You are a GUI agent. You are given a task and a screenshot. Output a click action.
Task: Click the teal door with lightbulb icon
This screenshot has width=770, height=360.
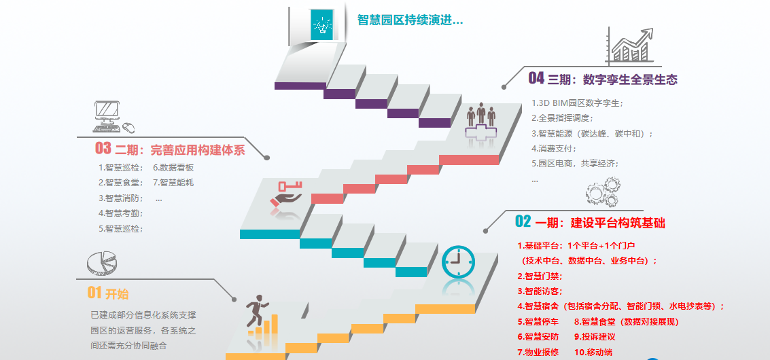[x=321, y=24]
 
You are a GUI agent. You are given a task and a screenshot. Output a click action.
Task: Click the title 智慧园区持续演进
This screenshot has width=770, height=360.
[x=410, y=20]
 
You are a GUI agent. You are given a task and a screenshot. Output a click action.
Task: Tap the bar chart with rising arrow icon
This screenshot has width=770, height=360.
[x=630, y=46]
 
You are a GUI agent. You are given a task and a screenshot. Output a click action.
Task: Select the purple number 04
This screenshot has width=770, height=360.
[x=536, y=78]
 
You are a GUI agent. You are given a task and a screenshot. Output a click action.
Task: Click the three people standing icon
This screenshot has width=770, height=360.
[x=480, y=116]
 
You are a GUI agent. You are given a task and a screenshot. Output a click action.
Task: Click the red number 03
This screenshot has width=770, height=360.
[x=103, y=148]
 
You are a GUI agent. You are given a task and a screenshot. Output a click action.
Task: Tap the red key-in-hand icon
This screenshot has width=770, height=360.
[x=286, y=194]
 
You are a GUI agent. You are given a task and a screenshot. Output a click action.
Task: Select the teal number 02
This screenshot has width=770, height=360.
[x=523, y=222]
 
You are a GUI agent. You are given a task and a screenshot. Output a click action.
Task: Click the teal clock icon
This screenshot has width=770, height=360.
[x=458, y=262]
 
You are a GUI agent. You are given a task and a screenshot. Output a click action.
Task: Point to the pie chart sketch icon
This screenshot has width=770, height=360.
[x=102, y=263]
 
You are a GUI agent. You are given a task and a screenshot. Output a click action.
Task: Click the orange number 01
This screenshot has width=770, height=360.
[x=94, y=293]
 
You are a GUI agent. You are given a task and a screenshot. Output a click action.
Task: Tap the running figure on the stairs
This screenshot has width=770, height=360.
[x=257, y=311]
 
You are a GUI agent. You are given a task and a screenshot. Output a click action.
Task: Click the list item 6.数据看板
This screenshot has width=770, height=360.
[x=173, y=168]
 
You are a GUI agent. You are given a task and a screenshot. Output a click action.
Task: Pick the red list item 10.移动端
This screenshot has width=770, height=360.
[x=593, y=352]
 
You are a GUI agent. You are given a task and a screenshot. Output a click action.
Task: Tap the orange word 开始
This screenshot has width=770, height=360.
[x=117, y=293]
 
